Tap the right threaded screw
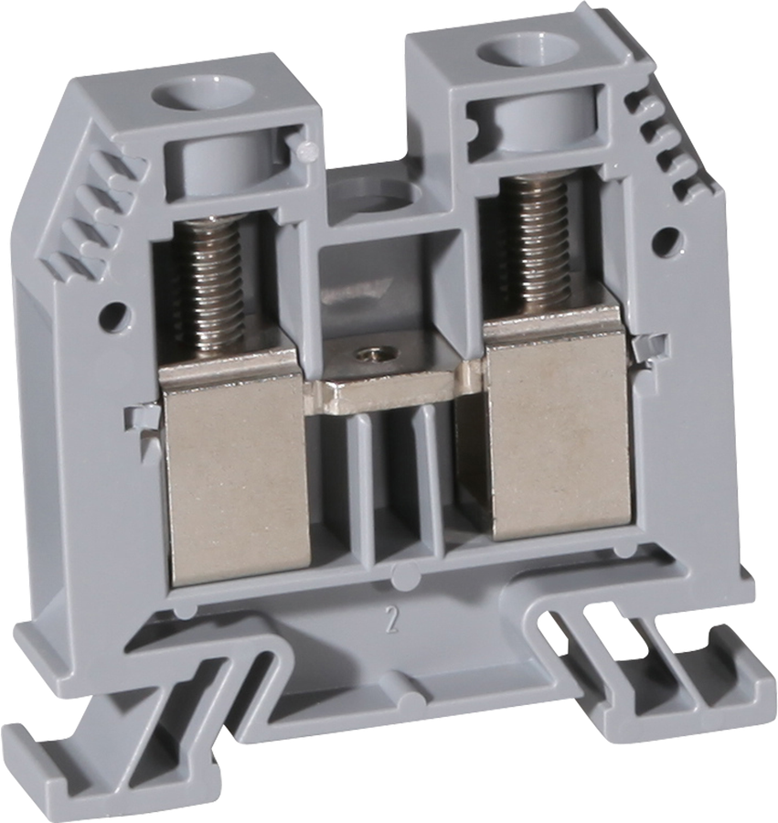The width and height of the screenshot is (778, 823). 535,238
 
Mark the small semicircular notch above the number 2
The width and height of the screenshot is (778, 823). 399,577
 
